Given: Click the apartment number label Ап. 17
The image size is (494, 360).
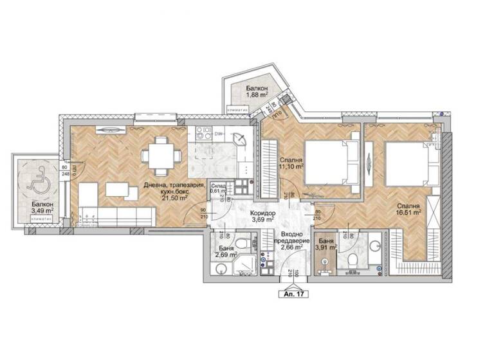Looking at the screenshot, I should [x=293, y=294].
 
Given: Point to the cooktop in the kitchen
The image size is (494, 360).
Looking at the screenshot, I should [x=204, y=134].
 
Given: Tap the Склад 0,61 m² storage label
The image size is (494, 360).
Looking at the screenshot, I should [x=219, y=188].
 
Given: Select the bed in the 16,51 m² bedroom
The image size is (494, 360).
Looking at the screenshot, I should [x=405, y=161].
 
